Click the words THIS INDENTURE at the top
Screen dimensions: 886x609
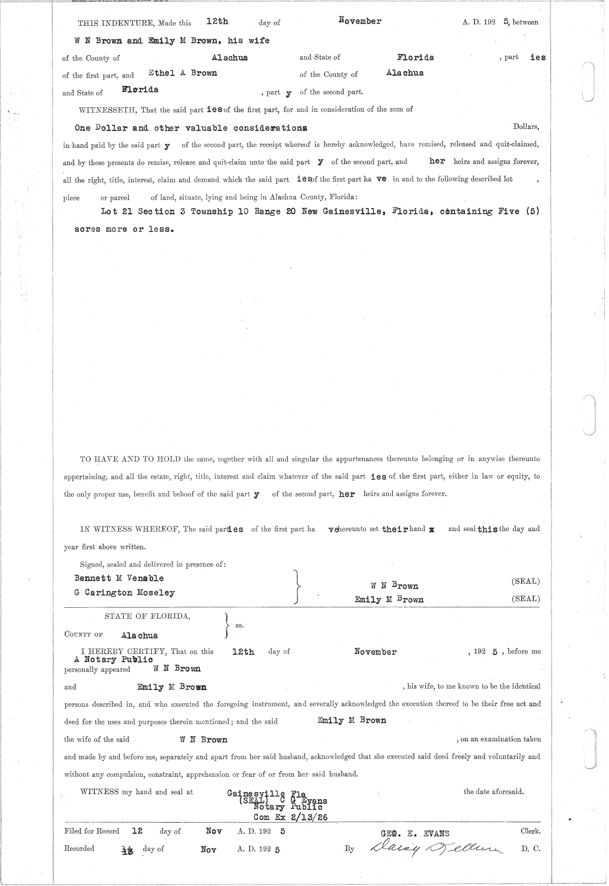[116, 23]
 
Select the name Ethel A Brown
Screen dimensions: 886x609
[183, 73]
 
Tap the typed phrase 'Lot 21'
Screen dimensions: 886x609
[117, 211]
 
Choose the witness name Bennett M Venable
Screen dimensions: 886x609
[119, 578]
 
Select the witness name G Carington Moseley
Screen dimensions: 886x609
[124, 593]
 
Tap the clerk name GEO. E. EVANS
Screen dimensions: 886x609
[415, 833]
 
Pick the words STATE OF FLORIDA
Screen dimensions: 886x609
[147, 616]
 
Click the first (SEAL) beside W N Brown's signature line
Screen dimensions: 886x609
[525, 581]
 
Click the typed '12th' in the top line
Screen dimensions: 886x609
[217, 21]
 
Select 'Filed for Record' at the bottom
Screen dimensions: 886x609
[92, 831]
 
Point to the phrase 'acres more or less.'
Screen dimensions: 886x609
[124, 229]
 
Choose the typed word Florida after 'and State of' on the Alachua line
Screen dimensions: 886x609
[415, 57]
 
